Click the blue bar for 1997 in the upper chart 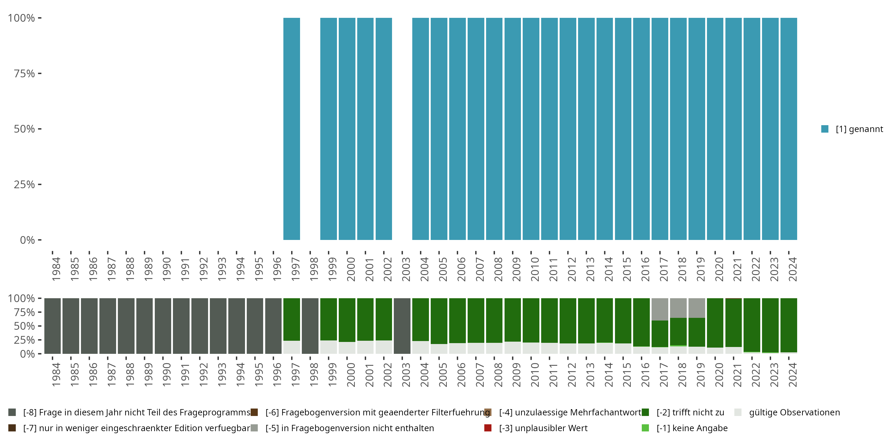point(291,129)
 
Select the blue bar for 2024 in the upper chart point(789,129)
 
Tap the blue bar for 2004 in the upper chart point(421,129)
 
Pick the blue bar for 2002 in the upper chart point(384,129)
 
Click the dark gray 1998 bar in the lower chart point(310,326)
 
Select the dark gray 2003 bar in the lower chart point(402,326)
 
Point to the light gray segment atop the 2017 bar point(660,309)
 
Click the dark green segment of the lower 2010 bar point(531,320)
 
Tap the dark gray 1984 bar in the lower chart point(52,326)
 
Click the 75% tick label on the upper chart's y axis point(24,73)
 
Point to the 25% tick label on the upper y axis point(24,184)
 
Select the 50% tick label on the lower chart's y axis point(24,326)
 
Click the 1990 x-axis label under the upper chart point(166,269)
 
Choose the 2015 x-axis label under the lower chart point(627,375)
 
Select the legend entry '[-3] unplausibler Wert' point(543,428)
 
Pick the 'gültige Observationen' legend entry point(794,412)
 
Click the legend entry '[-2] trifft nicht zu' point(690,412)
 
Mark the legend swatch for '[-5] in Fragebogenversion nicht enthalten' point(255,428)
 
